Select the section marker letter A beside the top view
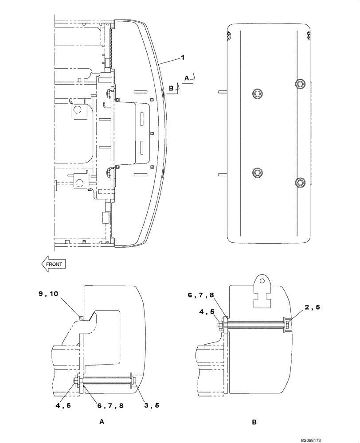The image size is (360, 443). click(x=187, y=78)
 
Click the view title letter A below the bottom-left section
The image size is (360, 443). click(x=102, y=422)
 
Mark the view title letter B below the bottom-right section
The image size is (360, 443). click(x=254, y=422)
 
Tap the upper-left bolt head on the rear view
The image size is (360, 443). click(x=257, y=93)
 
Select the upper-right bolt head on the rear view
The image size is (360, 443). click(x=301, y=84)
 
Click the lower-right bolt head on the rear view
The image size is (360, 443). click(x=301, y=182)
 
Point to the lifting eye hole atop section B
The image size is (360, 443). click(x=262, y=280)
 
